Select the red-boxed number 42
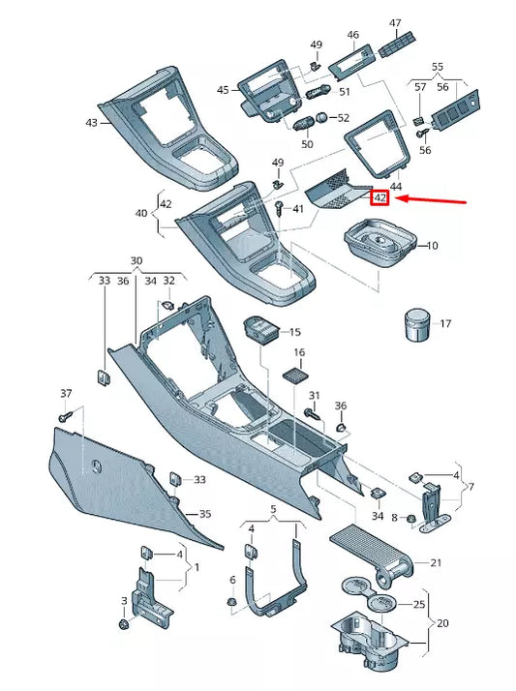(379, 198)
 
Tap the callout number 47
(395, 22)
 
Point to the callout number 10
(432, 246)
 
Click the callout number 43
(91, 123)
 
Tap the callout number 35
(204, 513)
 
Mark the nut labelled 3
(124, 624)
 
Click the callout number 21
(436, 563)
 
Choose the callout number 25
(419, 604)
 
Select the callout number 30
(136, 261)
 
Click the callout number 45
(223, 90)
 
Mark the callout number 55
(437, 68)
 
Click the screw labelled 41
(280, 208)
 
